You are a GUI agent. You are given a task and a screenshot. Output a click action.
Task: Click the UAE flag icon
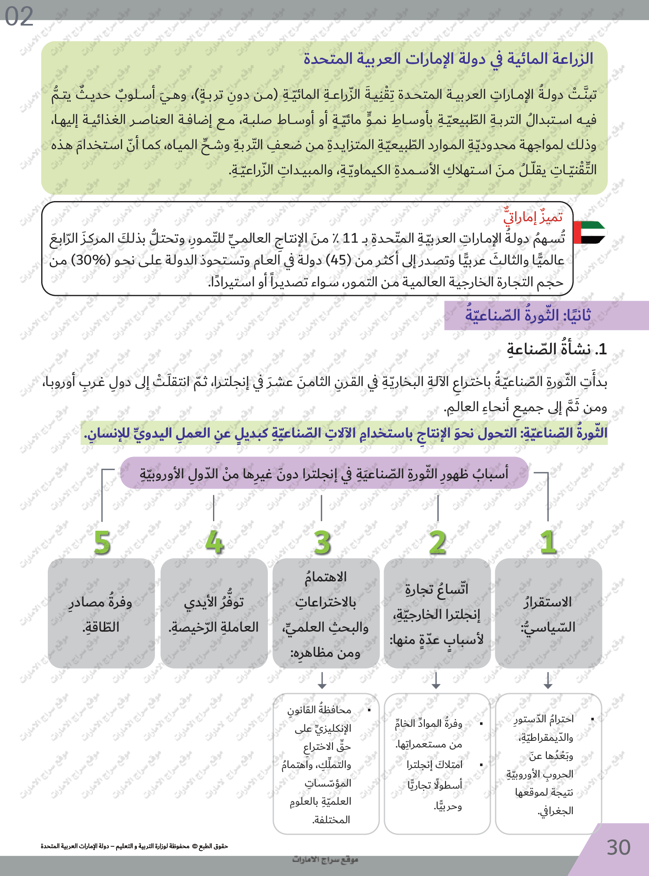coord(589,233)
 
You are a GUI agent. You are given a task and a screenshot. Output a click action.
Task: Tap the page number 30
coord(619,848)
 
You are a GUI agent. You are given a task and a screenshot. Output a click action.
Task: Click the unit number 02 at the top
coord(19,17)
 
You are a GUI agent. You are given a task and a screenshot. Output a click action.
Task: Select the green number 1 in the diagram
coord(548,542)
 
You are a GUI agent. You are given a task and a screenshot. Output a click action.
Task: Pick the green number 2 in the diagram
coord(437,542)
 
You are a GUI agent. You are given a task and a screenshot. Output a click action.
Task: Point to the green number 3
coord(322,542)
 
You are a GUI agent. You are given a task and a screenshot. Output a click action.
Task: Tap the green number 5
coord(102,542)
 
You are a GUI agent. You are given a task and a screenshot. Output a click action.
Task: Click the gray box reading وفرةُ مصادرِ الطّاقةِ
coord(101,614)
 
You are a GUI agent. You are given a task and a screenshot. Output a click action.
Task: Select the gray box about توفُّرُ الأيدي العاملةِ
coord(214,614)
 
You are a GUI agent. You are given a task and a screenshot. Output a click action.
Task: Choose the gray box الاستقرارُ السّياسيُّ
coord(548,614)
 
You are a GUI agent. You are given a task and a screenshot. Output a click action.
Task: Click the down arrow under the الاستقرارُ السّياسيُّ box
coord(548,681)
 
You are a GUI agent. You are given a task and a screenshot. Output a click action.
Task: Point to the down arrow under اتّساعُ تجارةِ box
coord(436,681)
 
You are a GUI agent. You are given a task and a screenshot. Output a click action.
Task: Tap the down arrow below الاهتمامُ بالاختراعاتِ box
coord(322,681)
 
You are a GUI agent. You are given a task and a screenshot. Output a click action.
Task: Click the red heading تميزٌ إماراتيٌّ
coord(533,217)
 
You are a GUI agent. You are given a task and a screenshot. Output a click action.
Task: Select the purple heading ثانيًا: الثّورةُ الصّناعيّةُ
coord(528,316)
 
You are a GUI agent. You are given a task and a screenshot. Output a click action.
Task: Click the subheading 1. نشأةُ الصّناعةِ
coord(557,349)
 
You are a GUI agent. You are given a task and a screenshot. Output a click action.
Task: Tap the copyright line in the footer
coord(134,846)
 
